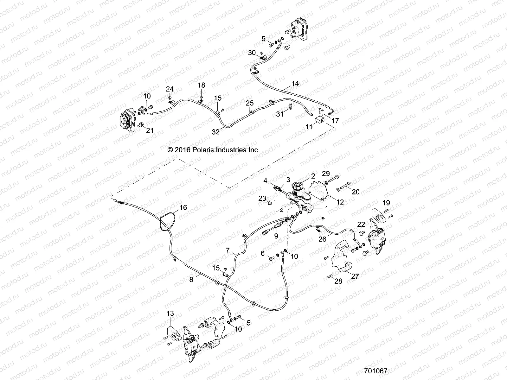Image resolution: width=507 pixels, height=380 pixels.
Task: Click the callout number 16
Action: pos(183,208)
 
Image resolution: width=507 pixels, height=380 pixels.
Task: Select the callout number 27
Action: pos(355,276)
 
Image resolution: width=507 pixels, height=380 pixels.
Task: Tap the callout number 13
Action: pos(170,313)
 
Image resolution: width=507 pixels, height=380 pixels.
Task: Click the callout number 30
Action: pos(252,53)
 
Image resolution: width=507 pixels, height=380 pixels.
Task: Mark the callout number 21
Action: pos(149,130)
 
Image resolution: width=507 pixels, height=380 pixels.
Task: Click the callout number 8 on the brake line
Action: pos(191,279)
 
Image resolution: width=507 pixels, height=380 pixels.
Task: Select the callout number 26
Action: pos(322,239)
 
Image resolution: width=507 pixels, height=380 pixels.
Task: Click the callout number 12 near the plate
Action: pos(340,202)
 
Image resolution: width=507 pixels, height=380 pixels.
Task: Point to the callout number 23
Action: pos(262,199)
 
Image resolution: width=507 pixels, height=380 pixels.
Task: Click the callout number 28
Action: pos(338,281)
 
